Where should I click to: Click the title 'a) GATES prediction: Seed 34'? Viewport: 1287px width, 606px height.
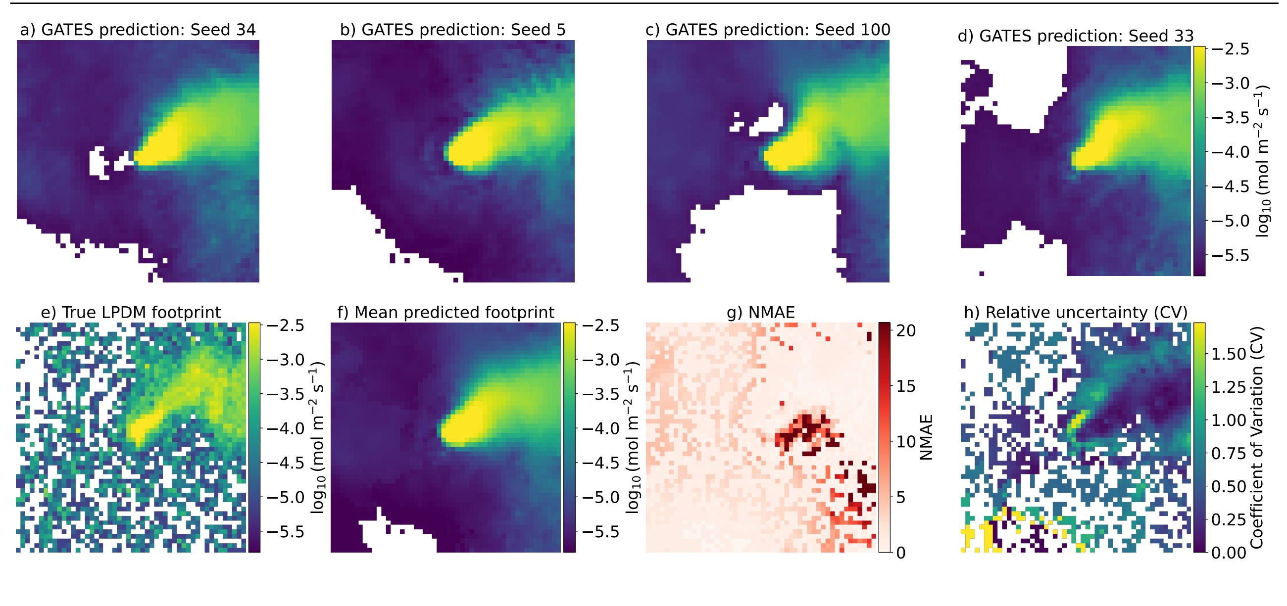click(138, 30)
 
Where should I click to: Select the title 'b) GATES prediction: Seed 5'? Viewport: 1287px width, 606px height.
click(452, 30)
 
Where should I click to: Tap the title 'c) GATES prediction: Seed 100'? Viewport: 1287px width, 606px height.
click(768, 30)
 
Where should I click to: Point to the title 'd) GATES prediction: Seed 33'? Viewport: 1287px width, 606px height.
click(1076, 36)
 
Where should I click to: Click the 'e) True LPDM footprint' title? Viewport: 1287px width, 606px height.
click(131, 313)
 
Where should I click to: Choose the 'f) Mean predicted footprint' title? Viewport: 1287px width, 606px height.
click(445, 313)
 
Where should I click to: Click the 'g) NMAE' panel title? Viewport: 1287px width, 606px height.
click(760, 313)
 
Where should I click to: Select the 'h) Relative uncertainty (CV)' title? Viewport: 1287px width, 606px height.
click(1075, 313)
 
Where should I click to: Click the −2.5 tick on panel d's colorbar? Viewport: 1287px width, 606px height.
click(1230, 49)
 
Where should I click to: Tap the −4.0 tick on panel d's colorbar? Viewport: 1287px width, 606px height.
click(1230, 152)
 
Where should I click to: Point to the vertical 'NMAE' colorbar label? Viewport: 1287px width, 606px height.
click(926, 437)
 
